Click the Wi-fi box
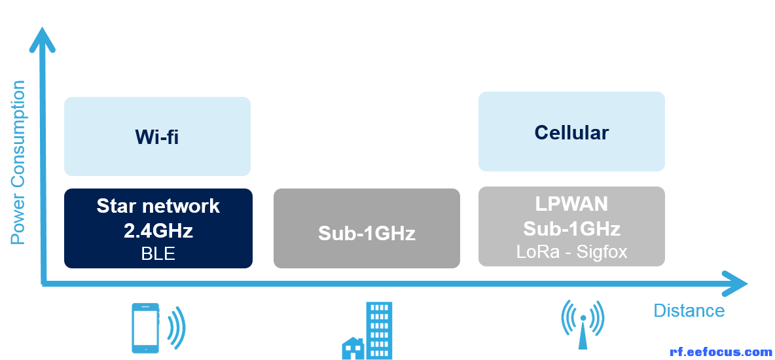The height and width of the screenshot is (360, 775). point(157,136)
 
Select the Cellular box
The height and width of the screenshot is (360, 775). point(571,132)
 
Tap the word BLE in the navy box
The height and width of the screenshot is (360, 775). point(158,253)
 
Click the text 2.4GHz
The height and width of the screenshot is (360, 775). point(158,230)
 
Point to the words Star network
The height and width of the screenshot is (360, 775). point(158,206)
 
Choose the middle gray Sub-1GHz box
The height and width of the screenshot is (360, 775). point(367,228)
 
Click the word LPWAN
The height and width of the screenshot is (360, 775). point(571,204)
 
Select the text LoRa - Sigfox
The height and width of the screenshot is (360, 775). point(571,252)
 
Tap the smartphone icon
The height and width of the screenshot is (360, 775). point(145,329)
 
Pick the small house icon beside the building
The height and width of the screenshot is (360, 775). point(353,348)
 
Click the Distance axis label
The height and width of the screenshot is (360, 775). point(689,310)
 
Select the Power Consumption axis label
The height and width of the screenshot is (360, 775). point(18,162)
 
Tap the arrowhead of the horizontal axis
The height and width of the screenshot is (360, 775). point(734,284)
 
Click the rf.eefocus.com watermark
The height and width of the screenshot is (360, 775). point(721,352)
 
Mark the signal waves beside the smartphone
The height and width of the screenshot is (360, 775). point(177,327)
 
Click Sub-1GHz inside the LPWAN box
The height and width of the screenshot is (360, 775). point(571,229)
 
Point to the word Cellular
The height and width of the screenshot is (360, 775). point(571,132)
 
